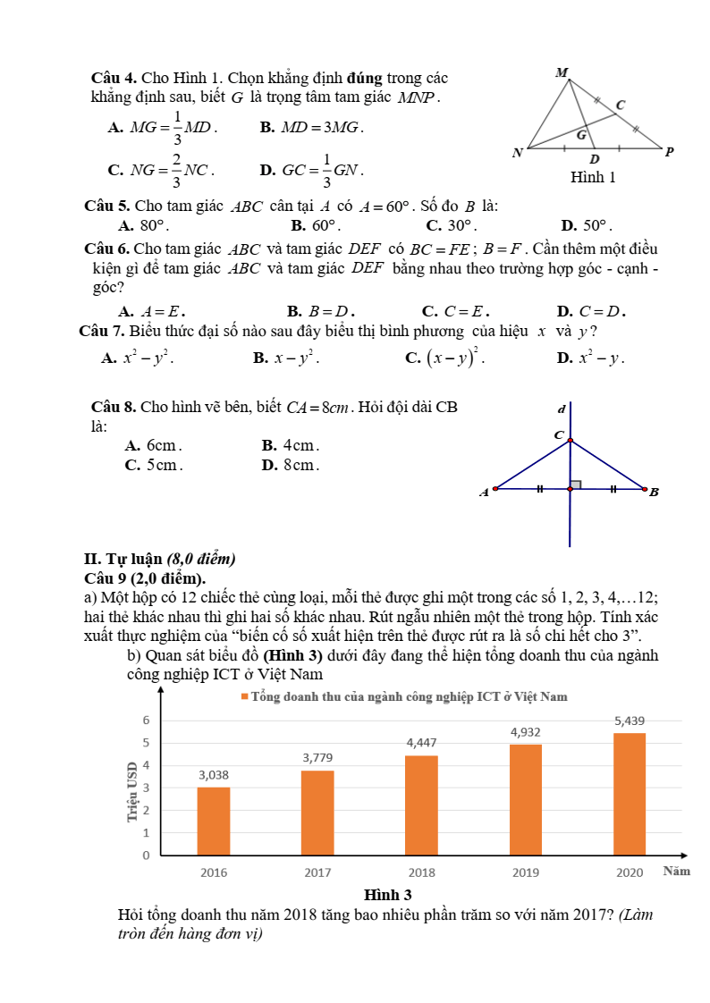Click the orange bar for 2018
pyautogui.click(x=421, y=805)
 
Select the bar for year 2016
pyautogui.click(x=214, y=821)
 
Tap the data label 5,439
pyautogui.click(x=630, y=721)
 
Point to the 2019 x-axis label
pyautogui.click(x=525, y=872)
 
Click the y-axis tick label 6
pyautogui.click(x=146, y=721)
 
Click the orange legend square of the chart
pyautogui.click(x=244, y=697)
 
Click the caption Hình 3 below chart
pyautogui.click(x=387, y=895)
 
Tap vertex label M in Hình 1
pyautogui.click(x=562, y=72)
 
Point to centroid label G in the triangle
pyautogui.click(x=581, y=136)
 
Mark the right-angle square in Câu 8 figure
pyautogui.click(x=576, y=485)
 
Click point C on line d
pyautogui.click(x=570, y=440)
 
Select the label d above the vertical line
pyautogui.click(x=562, y=410)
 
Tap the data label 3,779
pyautogui.click(x=317, y=758)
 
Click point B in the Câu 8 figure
pyautogui.click(x=645, y=489)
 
